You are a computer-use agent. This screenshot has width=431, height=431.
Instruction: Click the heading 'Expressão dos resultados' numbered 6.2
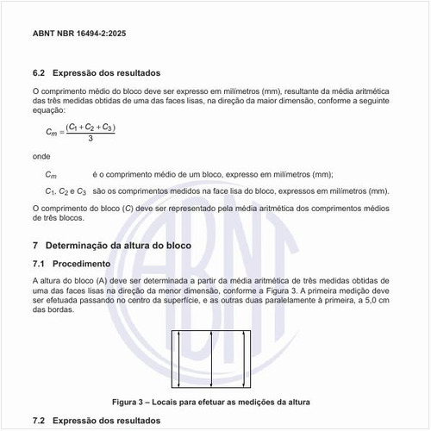coord(107,73)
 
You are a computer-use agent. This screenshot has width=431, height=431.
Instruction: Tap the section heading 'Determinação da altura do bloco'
coord(129,246)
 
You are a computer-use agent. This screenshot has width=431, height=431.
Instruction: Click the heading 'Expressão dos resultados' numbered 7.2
coord(107,420)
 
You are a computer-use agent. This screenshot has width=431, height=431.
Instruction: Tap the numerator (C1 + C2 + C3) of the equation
coord(91,127)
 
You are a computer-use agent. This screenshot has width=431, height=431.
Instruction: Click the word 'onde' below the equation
coord(40,157)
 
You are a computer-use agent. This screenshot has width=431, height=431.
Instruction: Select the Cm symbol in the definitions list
coord(51,174)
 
